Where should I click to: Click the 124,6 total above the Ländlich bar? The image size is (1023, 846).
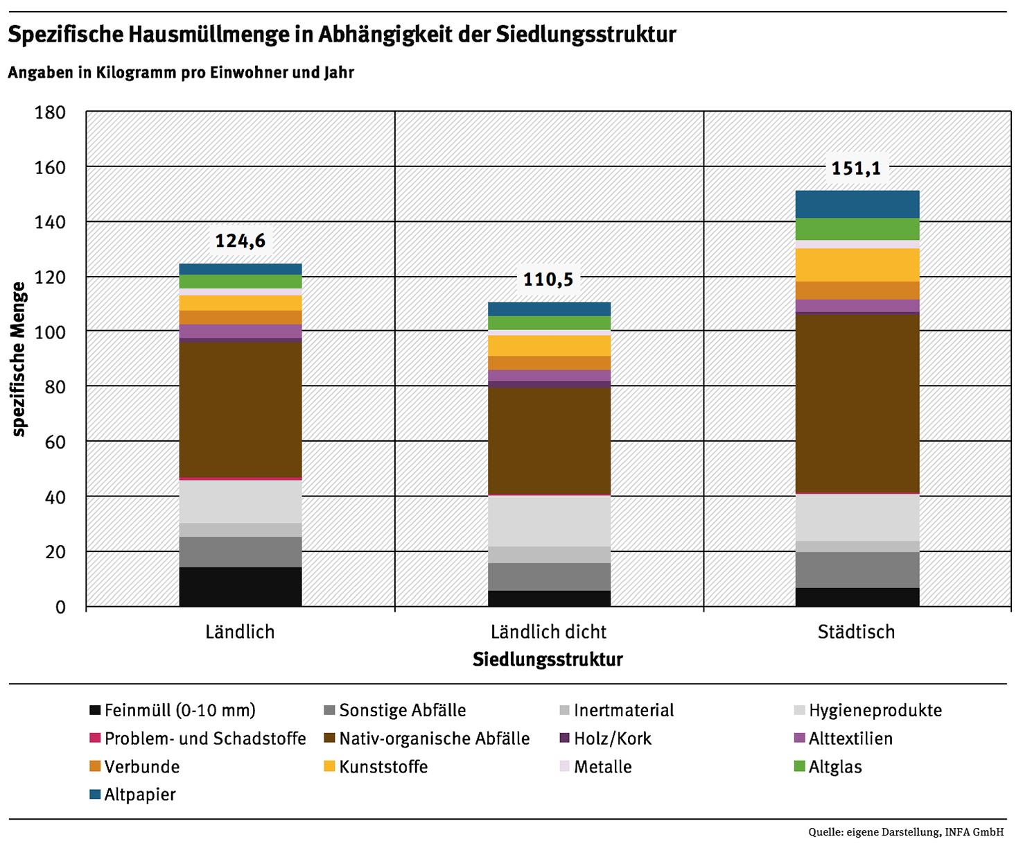pos(240,241)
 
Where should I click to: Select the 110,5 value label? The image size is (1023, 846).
pos(548,279)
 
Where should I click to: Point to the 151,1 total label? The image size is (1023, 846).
pos(856,168)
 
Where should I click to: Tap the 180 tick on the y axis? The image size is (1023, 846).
pos(50,112)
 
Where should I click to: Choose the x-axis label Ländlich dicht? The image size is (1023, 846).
pos(548,632)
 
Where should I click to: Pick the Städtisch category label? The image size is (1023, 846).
pos(856,632)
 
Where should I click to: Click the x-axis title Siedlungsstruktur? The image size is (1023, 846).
pos(548,659)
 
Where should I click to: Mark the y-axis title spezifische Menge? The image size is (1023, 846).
pos(19,359)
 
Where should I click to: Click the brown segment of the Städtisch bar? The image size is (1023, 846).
pos(857,402)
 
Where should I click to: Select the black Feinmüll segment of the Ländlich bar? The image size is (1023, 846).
pos(241,587)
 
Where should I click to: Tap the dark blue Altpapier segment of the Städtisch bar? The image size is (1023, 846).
pos(857,205)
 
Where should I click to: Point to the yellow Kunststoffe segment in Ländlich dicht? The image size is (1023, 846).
pos(549,345)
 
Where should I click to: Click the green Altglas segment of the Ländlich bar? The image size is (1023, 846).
pos(241,281)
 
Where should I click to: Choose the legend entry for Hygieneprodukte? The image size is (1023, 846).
pos(875,711)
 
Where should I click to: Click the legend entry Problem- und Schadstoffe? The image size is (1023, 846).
pos(204,739)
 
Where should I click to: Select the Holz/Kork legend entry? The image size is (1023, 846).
pos(612,739)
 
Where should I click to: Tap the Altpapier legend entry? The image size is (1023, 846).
pos(139,795)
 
